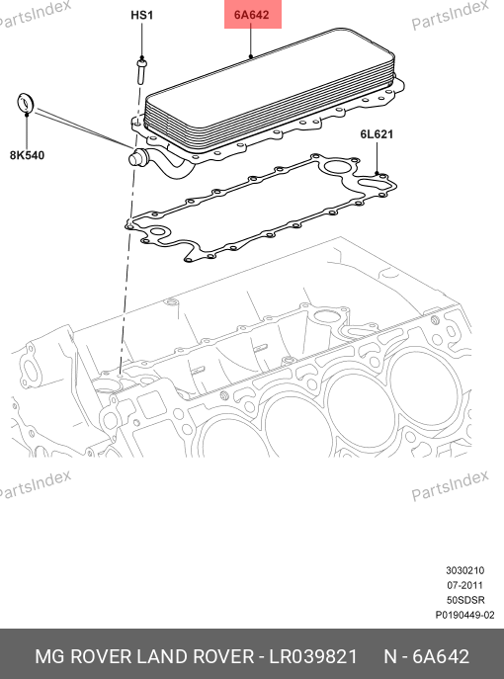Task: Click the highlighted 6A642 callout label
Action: click(252, 15)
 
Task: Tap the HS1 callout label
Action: click(141, 15)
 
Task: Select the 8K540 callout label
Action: click(27, 155)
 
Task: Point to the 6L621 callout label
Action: click(377, 134)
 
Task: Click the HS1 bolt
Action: click(141, 72)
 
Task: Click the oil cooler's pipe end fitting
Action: click(137, 157)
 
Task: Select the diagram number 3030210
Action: click(465, 570)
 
